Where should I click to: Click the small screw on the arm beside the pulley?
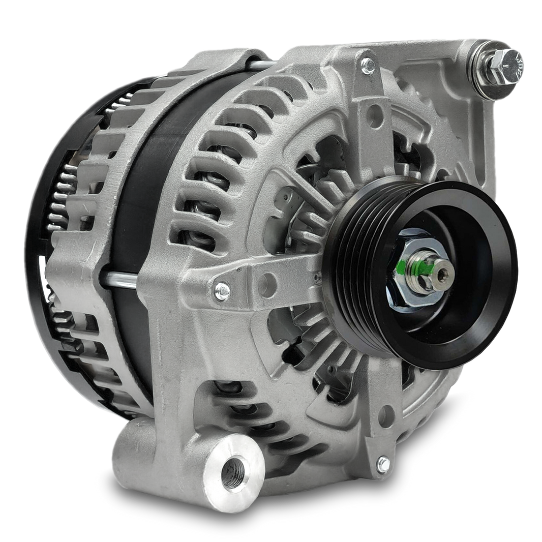[222, 290]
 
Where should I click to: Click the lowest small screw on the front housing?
[383, 463]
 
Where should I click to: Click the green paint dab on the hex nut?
[402, 265]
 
